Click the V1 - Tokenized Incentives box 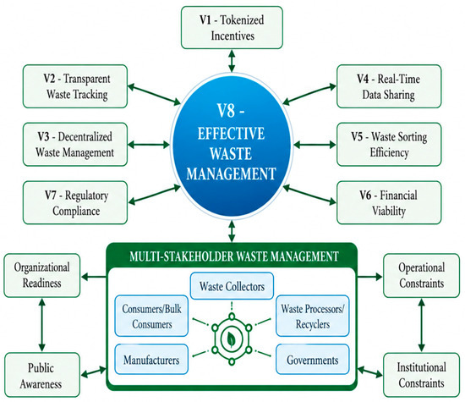tap(232, 28)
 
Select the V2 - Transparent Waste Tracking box tap(75, 86)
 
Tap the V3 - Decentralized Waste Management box tap(75, 145)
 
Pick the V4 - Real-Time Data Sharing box tap(389, 86)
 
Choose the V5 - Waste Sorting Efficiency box tap(389, 145)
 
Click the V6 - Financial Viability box tap(389, 203)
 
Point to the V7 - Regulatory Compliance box tap(75, 203)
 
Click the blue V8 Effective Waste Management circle tap(232, 146)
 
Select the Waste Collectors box tap(232, 286)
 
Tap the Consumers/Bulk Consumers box tap(151, 316)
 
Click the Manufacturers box tap(151, 359)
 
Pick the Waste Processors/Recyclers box tap(313, 316)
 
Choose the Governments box tap(313, 359)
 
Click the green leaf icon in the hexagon tap(232, 339)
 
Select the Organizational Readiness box tap(41, 276)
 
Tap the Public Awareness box tap(41, 375)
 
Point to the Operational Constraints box tap(421, 276)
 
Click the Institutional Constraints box tap(421, 375)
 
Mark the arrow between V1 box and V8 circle tap(232, 61)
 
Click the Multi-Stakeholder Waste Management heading tap(234, 256)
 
